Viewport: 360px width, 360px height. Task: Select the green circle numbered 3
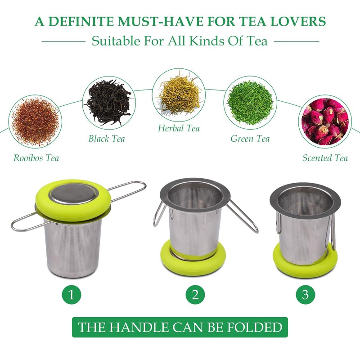click(305, 295)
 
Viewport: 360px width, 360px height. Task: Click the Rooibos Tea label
click(36, 158)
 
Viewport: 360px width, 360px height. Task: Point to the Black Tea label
click(107, 139)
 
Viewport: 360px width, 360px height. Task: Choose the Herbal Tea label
click(179, 129)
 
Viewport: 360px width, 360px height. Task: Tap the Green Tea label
click(250, 139)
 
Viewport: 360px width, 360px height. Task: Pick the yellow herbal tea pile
click(179, 93)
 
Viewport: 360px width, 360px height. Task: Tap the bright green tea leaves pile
click(250, 103)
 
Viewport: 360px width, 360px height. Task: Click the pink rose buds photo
click(324, 121)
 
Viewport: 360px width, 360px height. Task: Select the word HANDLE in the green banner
click(132, 327)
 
